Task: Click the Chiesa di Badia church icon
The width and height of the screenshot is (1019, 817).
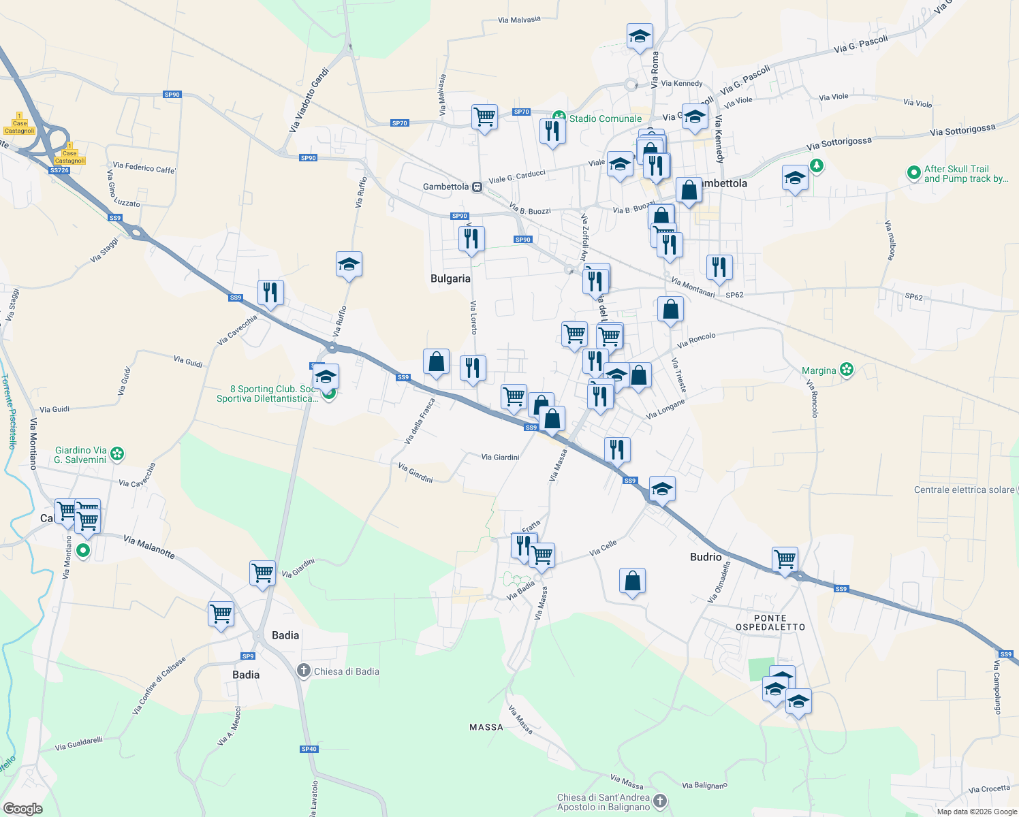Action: (x=304, y=671)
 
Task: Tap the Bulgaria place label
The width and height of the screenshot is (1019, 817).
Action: (x=450, y=278)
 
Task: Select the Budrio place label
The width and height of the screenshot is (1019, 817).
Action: (x=706, y=557)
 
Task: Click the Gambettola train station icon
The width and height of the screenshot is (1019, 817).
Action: (x=477, y=187)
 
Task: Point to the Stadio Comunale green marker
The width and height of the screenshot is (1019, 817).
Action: (x=559, y=118)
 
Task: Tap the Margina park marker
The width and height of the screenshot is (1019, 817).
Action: (x=847, y=370)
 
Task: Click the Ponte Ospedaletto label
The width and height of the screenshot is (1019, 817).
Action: (x=770, y=622)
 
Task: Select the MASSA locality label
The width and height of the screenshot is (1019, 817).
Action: (x=486, y=727)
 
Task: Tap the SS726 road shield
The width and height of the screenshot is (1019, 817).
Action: (x=60, y=170)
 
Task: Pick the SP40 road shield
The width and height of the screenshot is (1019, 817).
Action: (x=309, y=749)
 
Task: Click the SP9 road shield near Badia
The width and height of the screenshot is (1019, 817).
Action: (x=248, y=656)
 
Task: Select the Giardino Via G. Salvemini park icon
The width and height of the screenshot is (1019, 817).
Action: (x=117, y=453)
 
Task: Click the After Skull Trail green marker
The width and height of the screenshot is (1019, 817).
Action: (x=914, y=173)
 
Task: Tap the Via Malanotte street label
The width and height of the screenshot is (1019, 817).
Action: (x=149, y=547)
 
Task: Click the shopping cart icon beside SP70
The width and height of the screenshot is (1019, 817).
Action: (x=484, y=117)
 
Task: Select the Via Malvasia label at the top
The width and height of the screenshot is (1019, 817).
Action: (x=519, y=20)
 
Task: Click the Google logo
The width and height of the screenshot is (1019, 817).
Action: (x=23, y=809)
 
